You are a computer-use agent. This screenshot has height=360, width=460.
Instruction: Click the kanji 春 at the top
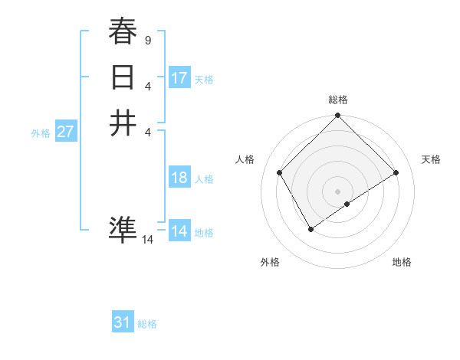pos(123,32)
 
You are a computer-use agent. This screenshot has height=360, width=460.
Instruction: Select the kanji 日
pos(123,78)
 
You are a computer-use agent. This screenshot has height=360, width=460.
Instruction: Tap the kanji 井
pos(123,123)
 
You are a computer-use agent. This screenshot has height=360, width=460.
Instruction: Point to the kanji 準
pos(123,229)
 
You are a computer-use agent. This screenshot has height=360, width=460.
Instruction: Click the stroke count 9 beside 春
pos(147,39)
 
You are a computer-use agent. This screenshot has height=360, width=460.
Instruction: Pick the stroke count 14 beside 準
pos(147,240)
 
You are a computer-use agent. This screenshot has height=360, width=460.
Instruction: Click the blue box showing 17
pos(179,78)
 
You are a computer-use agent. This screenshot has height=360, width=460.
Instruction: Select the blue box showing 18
pos(179,178)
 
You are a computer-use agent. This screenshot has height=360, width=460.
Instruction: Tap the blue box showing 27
pos(66,132)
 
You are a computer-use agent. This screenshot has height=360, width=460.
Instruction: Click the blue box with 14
pos(179,231)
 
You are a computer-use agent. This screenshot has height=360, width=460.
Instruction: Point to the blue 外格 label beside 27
pos(41,133)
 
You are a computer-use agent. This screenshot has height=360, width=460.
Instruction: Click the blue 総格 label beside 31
pos(147,324)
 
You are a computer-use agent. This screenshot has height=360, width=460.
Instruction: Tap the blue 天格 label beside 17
pos(204,79)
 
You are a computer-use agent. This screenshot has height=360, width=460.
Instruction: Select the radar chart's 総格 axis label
pos(338,100)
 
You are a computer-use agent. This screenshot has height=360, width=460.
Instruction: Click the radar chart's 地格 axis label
pos(402,262)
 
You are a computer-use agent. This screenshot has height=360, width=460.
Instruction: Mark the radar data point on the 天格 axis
pos(396,173)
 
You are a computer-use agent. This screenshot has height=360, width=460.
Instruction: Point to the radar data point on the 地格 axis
pos(347,204)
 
